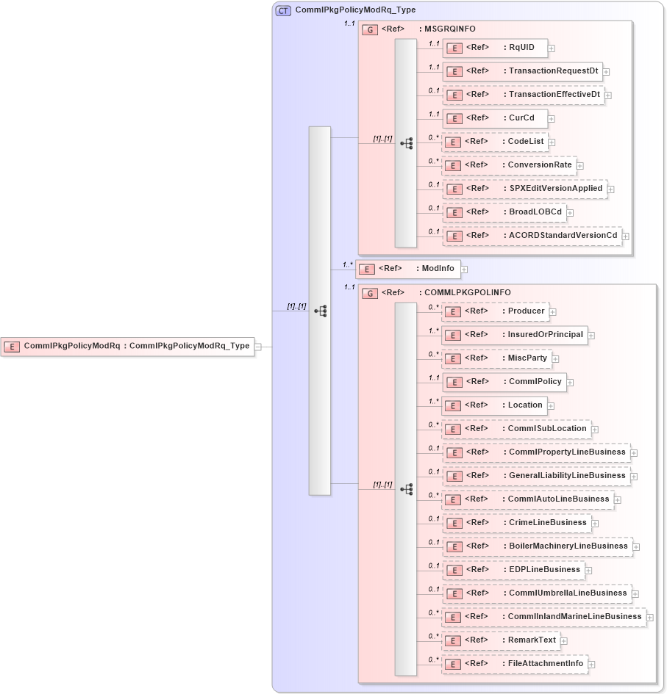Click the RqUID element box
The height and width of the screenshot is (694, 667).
(x=494, y=48)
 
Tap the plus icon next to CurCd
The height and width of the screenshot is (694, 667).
(x=552, y=119)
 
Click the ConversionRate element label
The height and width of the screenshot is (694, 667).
(x=540, y=165)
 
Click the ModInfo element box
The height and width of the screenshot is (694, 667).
(x=409, y=269)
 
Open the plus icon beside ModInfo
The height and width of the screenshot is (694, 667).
(x=465, y=270)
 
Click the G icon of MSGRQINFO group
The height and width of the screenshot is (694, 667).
(x=371, y=29)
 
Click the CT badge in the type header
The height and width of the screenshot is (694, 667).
(x=283, y=11)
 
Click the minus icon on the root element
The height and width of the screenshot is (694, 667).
(x=258, y=347)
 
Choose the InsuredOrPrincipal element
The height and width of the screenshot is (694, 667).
(x=514, y=335)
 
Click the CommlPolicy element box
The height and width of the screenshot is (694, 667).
(x=504, y=382)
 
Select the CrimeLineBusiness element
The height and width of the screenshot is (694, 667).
(x=516, y=523)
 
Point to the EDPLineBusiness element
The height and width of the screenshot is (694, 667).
(x=513, y=570)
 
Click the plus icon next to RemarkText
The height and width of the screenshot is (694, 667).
(x=564, y=641)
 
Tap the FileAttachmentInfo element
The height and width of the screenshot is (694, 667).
(x=514, y=664)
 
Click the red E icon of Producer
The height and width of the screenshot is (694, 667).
(x=454, y=312)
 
